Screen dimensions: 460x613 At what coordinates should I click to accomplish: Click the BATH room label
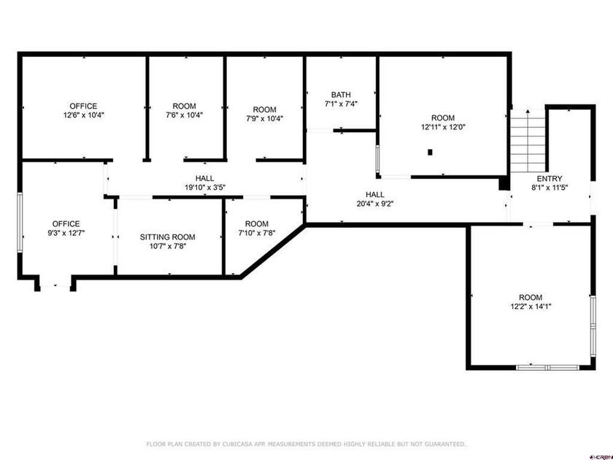(341, 94)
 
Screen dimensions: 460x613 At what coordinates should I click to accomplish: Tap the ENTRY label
(549, 178)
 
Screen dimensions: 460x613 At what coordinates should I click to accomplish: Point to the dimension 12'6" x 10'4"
(83, 115)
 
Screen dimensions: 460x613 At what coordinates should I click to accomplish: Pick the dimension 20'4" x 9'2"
(375, 204)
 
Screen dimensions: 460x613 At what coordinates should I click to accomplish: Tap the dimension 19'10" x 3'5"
(204, 188)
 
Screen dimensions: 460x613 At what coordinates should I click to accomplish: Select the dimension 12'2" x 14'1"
(531, 307)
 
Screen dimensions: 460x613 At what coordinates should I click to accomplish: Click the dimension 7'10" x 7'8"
(257, 234)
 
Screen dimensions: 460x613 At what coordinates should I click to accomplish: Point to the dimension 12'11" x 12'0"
(443, 127)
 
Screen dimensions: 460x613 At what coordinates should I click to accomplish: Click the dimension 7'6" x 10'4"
(184, 115)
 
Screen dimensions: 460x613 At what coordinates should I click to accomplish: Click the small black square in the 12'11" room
(430, 152)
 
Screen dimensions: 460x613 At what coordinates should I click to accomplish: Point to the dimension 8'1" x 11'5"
(549, 188)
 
